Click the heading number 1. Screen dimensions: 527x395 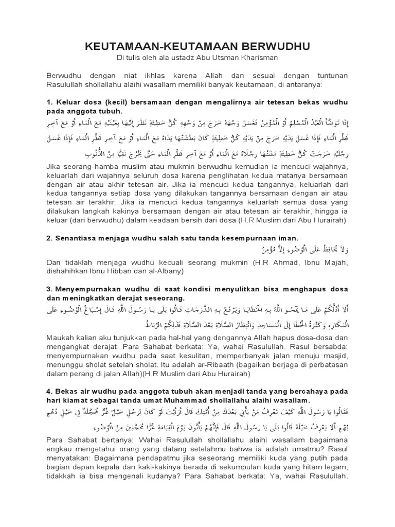click(x=49, y=101)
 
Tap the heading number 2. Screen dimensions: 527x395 click(x=49, y=238)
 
